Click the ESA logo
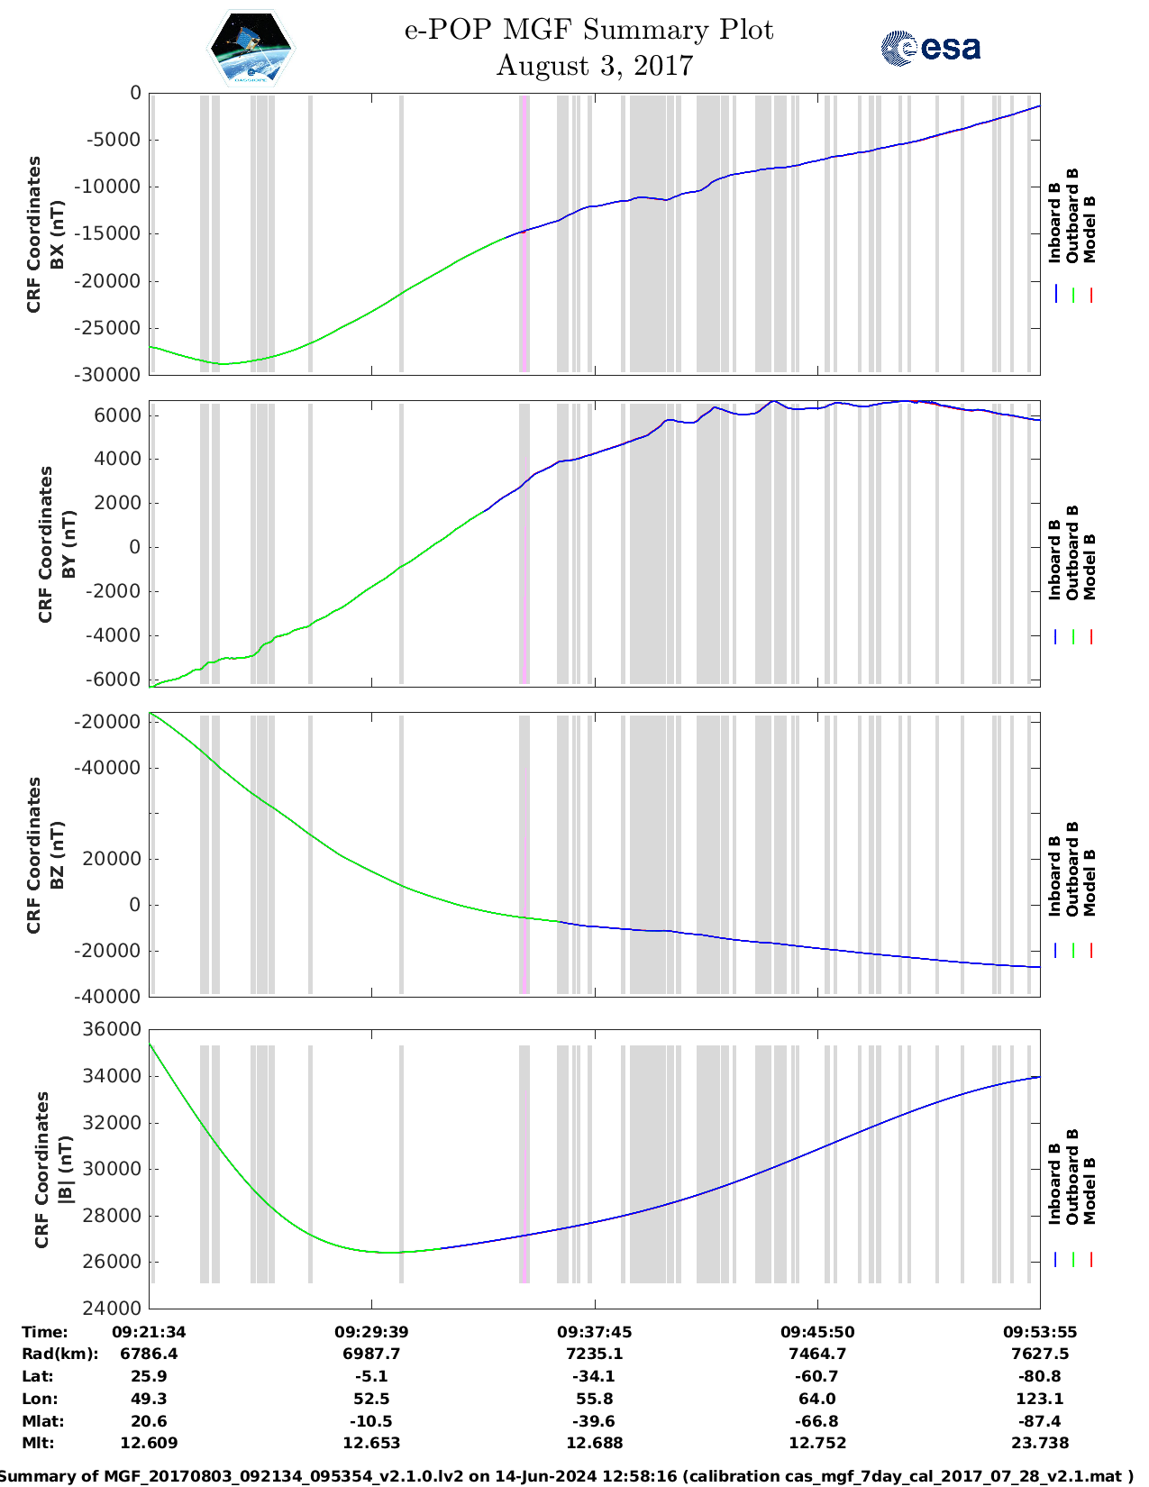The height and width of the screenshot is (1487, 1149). [931, 48]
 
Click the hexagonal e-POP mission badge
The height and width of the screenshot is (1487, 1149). [251, 49]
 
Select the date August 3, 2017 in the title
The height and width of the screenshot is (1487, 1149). [595, 66]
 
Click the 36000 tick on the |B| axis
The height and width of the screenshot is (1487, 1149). [113, 1029]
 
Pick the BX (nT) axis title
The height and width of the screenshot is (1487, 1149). [58, 234]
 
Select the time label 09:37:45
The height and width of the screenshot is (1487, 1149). [594, 1332]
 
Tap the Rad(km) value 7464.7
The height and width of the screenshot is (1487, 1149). [816, 1354]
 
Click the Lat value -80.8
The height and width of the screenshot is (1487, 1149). [1040, 1376]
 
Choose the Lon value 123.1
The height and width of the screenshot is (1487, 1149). [1040, 1399]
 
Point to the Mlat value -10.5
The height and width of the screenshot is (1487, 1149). [371, 1421]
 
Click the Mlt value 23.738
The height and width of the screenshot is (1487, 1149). [1040, 1443]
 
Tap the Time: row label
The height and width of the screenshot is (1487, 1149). [45, 1332]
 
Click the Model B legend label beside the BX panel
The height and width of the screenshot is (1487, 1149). [1090, 230]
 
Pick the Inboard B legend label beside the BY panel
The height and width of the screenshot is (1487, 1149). [1054, 560]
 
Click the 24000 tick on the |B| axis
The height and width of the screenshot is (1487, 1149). [113, 1309]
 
